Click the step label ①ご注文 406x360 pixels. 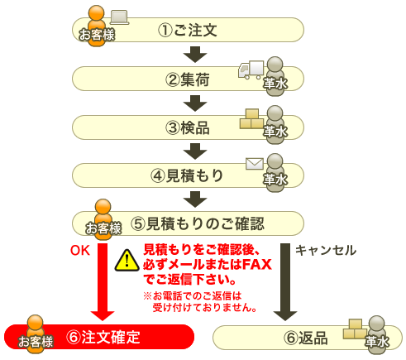188,30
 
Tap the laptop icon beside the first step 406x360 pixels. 120,17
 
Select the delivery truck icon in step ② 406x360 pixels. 251,70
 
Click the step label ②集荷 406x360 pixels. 188,79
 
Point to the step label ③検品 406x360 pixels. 188,127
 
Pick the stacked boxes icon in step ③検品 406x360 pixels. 251,119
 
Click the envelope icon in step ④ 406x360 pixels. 255,164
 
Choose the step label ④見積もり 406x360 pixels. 187,175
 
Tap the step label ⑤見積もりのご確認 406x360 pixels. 198,223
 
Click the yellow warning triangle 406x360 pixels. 127,261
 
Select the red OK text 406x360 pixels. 80,251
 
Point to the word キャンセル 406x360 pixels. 326,251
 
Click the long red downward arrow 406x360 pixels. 103,281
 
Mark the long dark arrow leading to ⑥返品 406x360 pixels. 285,281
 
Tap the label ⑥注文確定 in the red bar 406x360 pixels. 103,337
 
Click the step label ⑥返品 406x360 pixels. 306,338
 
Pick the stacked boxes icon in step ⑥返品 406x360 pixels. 355,329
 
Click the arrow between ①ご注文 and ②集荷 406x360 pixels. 195,55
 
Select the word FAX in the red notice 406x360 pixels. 257,264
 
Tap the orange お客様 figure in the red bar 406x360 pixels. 36,334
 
